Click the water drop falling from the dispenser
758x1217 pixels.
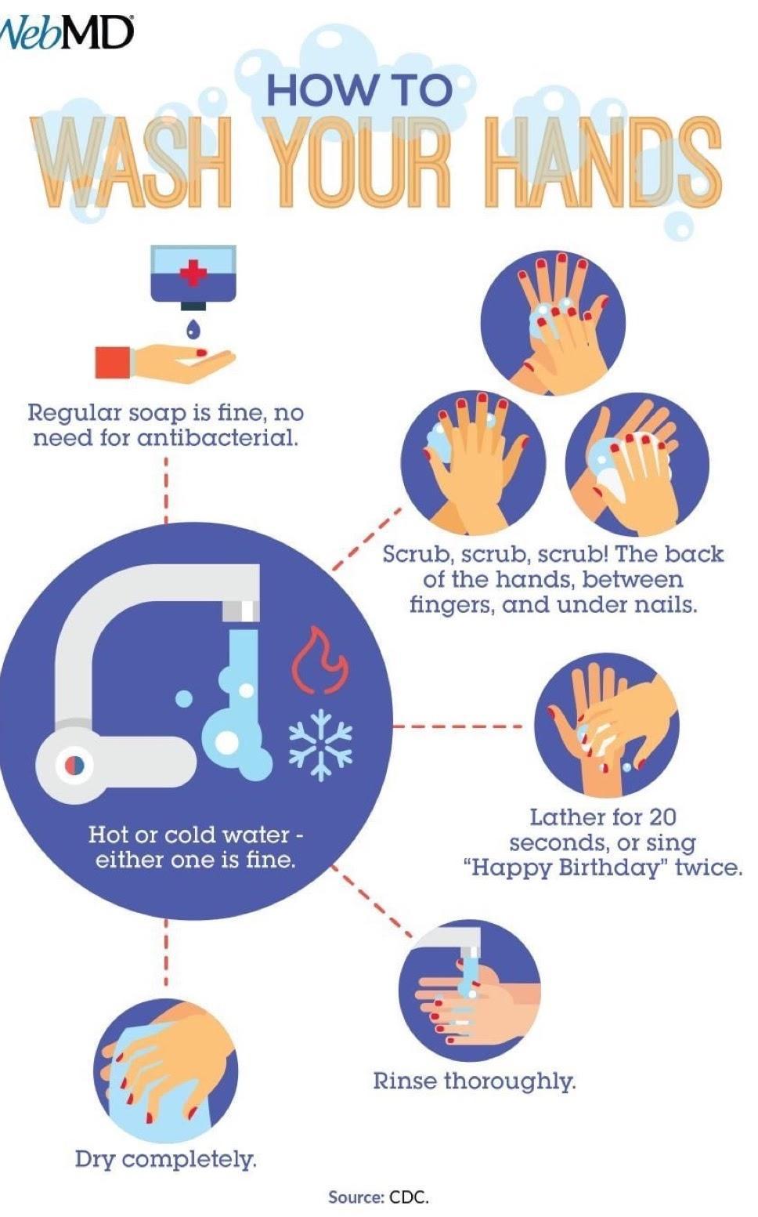pyautogui.click(x=194, y=328)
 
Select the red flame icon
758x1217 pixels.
pyautogui.click(x=319, y=659)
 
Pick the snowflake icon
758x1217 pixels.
pyautogui.click(x=320, y=744)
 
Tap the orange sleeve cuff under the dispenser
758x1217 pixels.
pyautogui.click(x=113, y=362)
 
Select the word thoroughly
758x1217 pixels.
pyautogui.click(x=510, y=1092)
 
